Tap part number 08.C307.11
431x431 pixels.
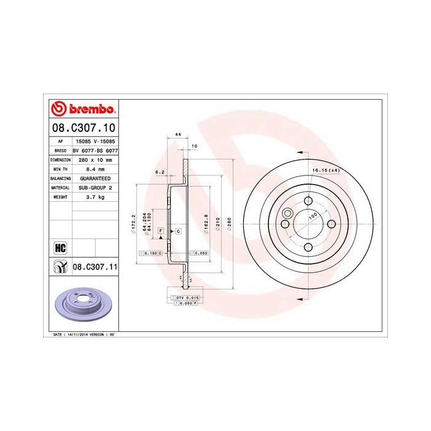[x=95, y=267]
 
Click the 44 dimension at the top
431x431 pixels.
[x=177, y=134]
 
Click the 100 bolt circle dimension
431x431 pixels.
[x=312, y=217]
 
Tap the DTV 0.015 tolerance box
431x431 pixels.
[x=185, y=298]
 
